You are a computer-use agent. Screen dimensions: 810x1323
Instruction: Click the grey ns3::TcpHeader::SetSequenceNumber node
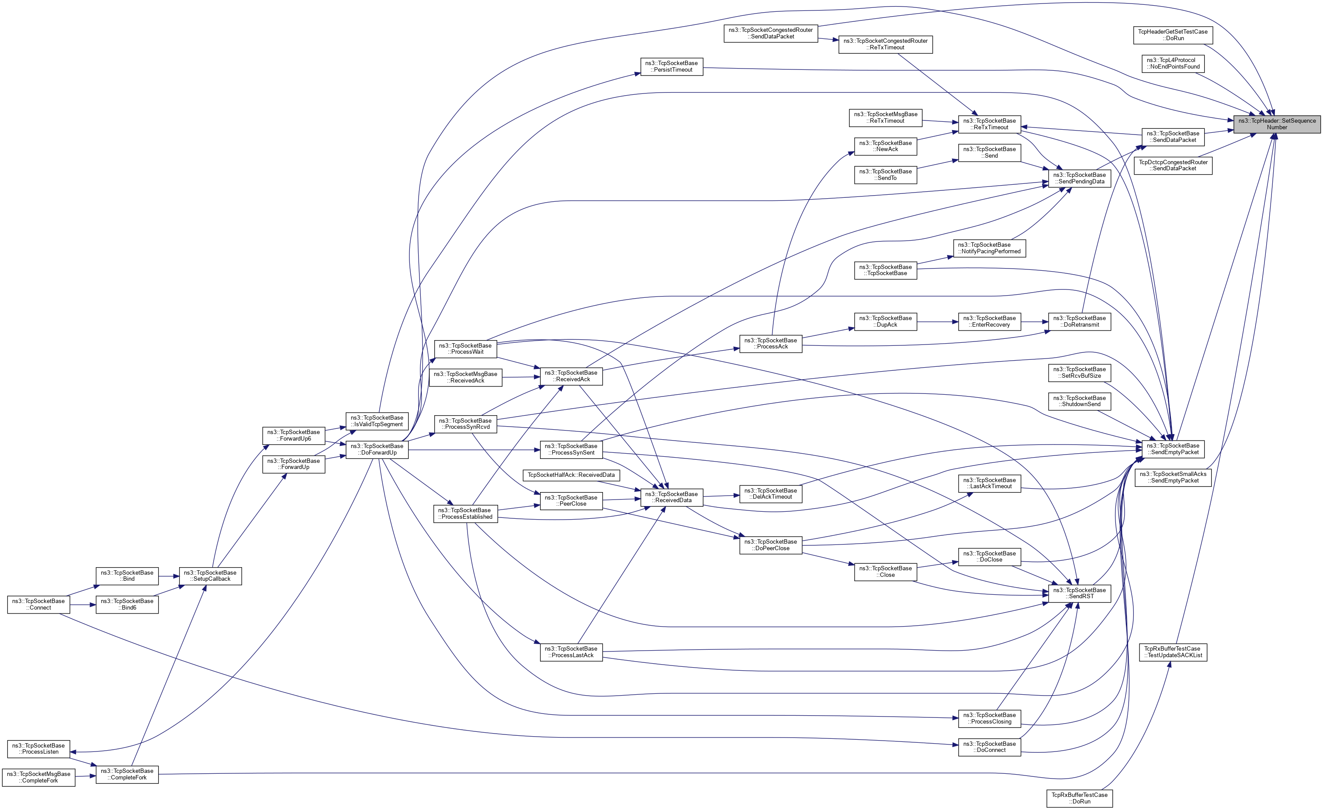[1276, 124]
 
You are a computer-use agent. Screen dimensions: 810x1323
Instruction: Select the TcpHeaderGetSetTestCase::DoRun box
[1172, 35]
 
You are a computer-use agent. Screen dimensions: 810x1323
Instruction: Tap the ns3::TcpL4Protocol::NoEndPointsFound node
[1173, 63]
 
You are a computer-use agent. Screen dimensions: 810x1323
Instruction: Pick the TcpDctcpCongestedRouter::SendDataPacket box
[1173, 165]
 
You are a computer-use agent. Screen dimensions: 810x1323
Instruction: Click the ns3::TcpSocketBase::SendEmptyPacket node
[1173, 449]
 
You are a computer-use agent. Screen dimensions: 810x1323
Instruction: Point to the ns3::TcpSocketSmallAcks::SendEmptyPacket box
[1173, 477]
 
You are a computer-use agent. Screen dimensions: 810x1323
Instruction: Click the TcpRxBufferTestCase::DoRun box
[1079, 798]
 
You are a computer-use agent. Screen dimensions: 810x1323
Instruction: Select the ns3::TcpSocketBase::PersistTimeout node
[672, 66]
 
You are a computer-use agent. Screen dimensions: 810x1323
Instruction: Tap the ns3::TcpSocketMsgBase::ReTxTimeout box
[885, 117]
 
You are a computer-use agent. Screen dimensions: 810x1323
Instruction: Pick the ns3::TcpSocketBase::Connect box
[38, 604]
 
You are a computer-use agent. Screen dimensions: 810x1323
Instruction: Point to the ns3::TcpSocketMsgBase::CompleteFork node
[38, 777]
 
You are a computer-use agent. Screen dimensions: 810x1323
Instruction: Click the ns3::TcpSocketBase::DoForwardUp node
[377, 449]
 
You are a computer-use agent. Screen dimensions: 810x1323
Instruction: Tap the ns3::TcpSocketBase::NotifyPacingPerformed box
[989, 248]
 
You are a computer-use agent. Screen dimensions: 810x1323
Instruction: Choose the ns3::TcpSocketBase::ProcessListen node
[38, 749]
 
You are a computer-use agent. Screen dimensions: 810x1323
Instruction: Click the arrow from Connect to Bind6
[83, 605]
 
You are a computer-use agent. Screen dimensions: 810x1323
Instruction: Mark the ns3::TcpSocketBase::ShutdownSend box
[1079, 401]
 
